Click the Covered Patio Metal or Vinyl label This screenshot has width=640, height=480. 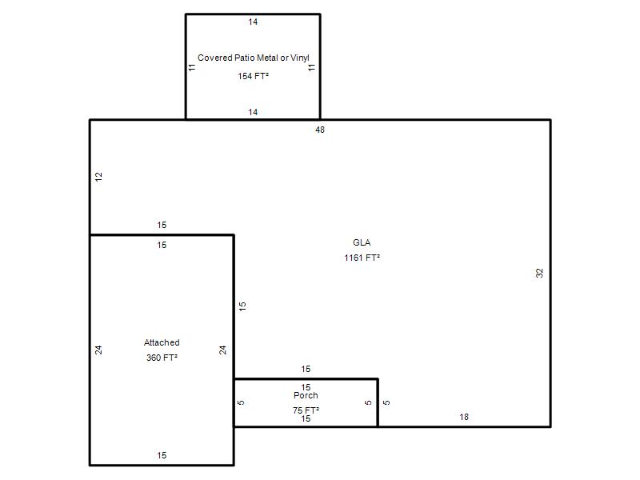[x=254, y=58]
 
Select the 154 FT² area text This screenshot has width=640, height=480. [x=253, y=76]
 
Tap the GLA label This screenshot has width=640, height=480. [x=362, y=242]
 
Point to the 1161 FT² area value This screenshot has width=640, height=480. [x=362, y=258]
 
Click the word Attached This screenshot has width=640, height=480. [x=162, y=342]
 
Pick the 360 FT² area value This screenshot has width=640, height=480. [x=162, y=358]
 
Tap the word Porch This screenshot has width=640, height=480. [x=306, y=395]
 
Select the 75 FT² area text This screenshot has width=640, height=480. [x=306, y=410]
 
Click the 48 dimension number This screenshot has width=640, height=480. [x=320, y=130]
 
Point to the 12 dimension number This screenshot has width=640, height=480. [x=98, y=177]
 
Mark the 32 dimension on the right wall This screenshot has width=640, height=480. [x=539, y=273]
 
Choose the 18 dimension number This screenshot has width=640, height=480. [x=464, y=417]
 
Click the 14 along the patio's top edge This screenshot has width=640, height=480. [x=253, y=22]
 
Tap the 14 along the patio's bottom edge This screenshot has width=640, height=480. [x=253, y=112]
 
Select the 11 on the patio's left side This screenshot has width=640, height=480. [x=192, y=67]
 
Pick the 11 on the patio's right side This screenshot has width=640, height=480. [x=311, y=67]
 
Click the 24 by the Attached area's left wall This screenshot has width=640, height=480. [x=98, y=350]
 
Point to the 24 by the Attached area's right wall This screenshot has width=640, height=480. [x=222, y=350]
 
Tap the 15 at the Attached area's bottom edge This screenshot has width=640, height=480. [x=162, y=455]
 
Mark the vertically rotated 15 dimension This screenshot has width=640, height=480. [x=242, y=306]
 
